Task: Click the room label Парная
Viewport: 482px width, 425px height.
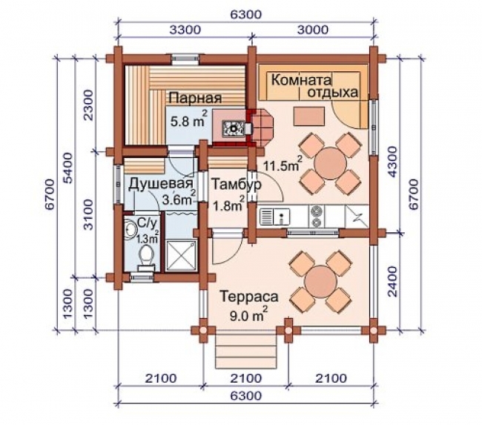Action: pos(195,98)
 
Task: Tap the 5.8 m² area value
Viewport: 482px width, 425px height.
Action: pos(189,119)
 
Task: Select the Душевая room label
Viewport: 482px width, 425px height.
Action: pos(161,184)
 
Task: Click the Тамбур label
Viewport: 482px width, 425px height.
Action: pos(237,184)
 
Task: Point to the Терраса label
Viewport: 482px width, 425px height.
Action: pos(249,297)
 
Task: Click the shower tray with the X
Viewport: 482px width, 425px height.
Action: pos(181,256)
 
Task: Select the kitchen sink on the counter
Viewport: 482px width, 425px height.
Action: pos(275,216)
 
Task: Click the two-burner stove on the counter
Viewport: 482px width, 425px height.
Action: pos(317,216)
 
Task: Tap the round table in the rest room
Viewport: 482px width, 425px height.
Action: pos(331,163)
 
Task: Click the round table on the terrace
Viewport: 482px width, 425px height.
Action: pos(320,281)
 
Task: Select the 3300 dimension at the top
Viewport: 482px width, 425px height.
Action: pos(185,30)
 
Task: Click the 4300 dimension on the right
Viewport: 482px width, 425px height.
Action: pos(392,162)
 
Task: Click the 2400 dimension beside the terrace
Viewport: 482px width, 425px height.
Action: pos(392,281)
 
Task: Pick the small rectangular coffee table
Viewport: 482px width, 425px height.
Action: pos(309,116)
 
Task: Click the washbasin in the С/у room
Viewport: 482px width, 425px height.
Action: pos(131,230)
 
